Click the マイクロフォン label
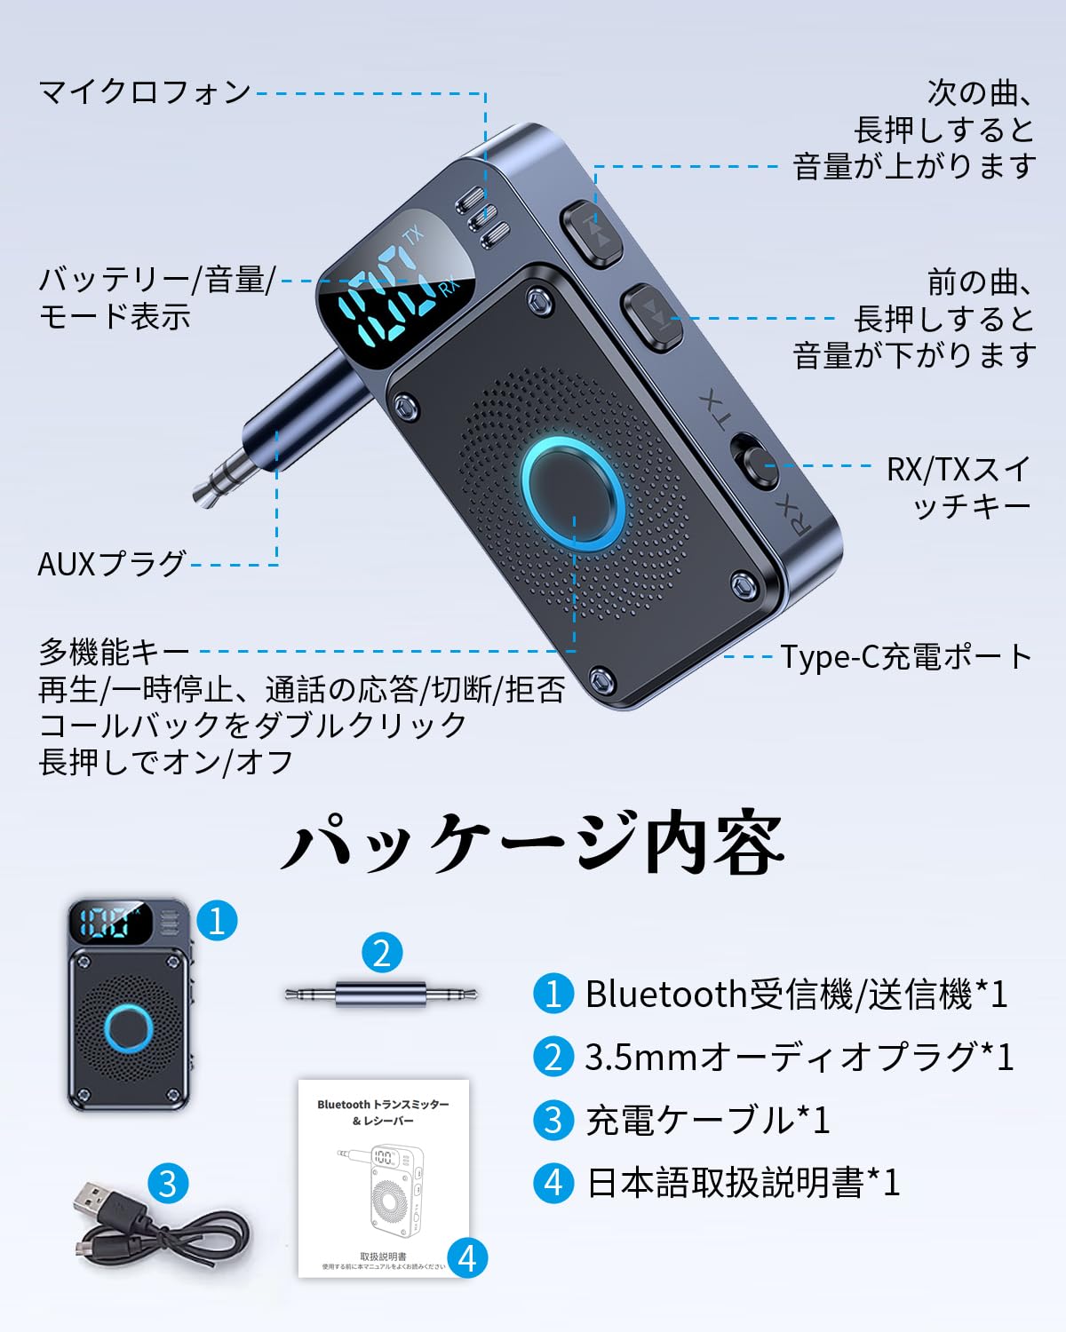[x=145, y=92]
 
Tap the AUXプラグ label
[x=112, y=564]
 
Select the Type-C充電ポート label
[x=906, y=657]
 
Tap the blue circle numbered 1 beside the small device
[x=217, y=920]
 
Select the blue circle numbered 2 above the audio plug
[x=382, y=953]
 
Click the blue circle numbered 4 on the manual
[x=467, y=1257]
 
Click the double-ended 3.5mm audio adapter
[x=382, y=994]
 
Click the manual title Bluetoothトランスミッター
[x=383, y=1105]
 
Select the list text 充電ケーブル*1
[x=707, y=1120]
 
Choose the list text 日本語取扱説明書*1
[x=744, y=1183]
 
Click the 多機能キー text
[x=114, y=653]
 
